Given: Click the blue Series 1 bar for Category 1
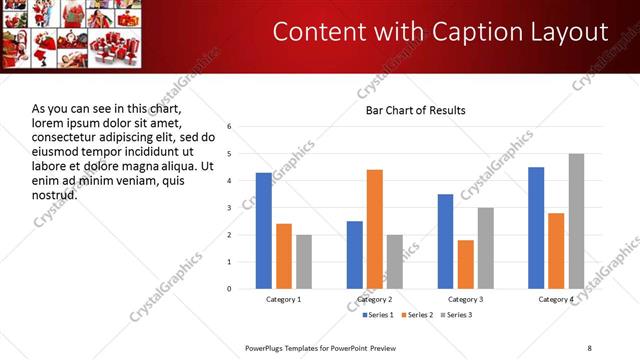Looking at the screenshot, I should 264,231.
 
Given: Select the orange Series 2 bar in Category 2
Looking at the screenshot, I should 375,229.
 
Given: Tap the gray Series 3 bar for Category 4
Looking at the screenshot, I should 576,221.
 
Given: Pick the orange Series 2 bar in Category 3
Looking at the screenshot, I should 466,264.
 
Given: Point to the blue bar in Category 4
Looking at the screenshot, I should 536,228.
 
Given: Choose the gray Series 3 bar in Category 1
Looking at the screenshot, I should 304,262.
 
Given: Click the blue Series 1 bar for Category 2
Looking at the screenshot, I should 355,255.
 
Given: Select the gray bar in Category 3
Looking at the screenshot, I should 486,248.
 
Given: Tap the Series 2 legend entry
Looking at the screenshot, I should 418,316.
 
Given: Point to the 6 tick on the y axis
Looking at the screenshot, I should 230,127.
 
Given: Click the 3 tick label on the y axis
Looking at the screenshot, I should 230,208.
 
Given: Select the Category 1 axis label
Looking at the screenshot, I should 284,300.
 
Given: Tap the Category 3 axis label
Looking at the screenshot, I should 466,300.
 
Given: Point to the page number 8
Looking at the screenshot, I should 589,347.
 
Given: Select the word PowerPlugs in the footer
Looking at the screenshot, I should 268,347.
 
